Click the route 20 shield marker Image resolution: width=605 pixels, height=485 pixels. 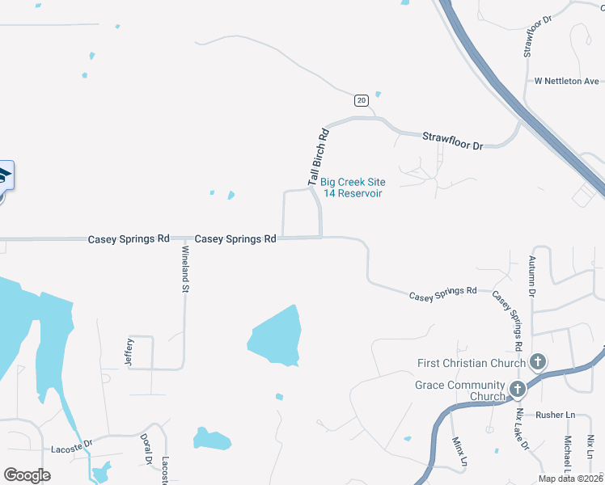coord(361,99)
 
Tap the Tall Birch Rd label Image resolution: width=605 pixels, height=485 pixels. coord(318,157)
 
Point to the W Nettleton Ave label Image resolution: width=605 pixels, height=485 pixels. coord(566,81)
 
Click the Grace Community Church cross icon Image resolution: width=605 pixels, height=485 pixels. coord(517,390)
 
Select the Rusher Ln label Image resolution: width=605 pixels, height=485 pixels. coord(558,415)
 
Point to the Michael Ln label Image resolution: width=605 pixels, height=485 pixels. coord(568,456)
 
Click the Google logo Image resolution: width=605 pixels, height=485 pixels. coord(27,474)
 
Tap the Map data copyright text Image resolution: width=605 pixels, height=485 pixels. coord(569,479)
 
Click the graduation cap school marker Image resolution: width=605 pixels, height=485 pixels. coord(3,175)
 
